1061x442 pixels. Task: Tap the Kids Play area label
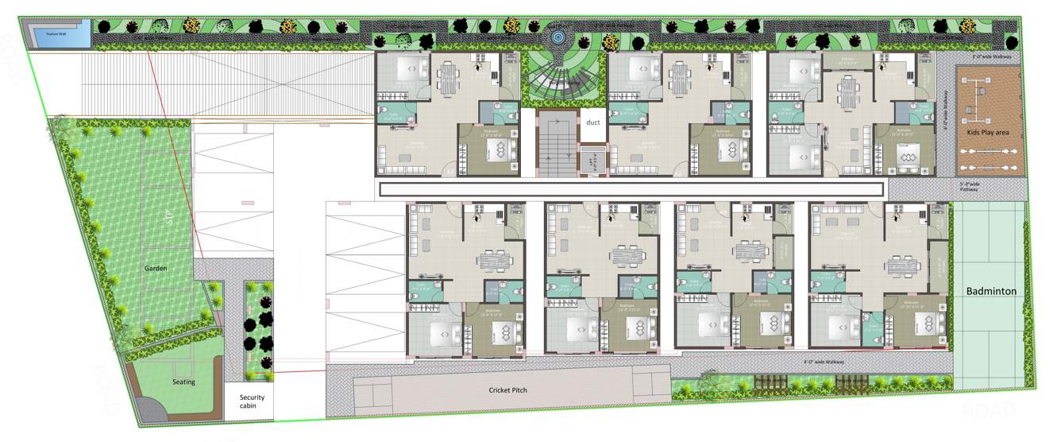click(987, 132)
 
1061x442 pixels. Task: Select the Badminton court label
click(991, 292)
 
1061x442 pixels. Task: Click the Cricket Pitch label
click(507, 390)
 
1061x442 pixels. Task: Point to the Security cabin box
click(252, 401)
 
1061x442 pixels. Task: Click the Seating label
click(183, 382)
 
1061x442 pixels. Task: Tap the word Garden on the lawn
click(156, 269)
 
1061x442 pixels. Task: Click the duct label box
click(592, 123)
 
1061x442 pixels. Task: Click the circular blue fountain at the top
click(558, 37)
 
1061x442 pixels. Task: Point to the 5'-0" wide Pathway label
click(969, 187)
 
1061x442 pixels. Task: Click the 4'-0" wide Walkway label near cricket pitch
click(824, 362)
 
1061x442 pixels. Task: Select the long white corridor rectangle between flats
click(631, 189)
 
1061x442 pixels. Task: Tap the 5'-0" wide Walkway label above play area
click(990, 58)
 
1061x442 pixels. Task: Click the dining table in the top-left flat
click(449, 78)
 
